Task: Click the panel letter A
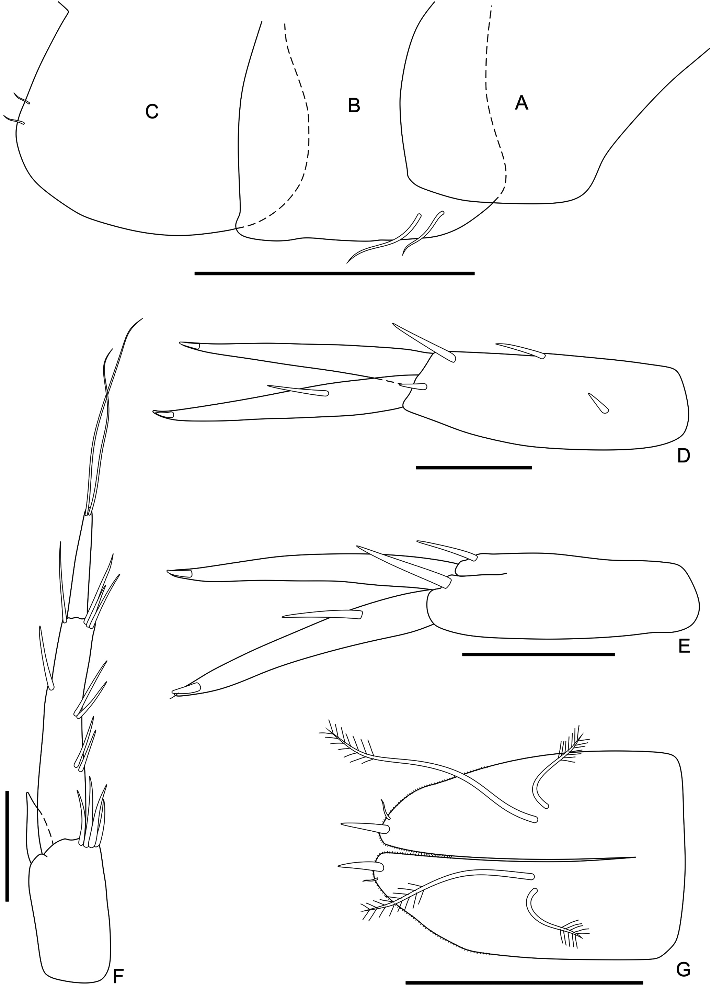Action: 521,103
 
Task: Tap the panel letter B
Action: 354,105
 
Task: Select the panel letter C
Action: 152,112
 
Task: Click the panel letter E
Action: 684,646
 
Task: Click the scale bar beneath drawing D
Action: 474,468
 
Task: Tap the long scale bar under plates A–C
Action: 334,273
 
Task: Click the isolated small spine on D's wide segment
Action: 598,403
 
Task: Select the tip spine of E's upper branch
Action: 180,573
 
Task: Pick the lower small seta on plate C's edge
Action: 14,120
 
